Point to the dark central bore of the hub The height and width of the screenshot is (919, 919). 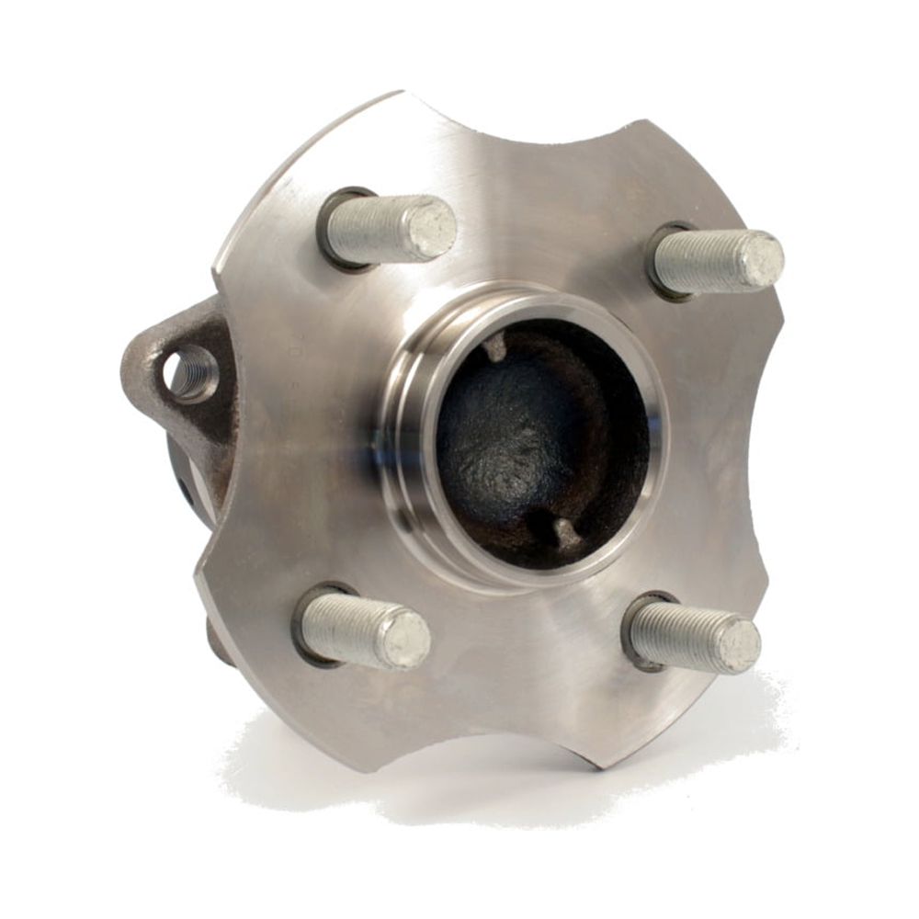coord(533,441)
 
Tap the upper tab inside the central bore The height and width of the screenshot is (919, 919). coord(496,347)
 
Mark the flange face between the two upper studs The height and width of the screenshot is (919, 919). coord(551,211)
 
